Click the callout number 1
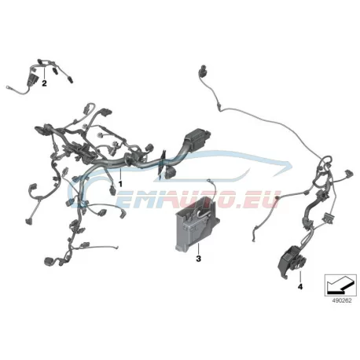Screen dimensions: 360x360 pyautogui.click(x=120, y=184)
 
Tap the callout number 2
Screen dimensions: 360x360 pyautogui.click(x=44, y=83)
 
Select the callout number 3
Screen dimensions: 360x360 pyautogui.click(x=198, y=259)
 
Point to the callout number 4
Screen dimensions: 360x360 pyautogui.click(x=300, y=287)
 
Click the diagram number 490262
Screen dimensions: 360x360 pyautogui.click(x=342, y=300)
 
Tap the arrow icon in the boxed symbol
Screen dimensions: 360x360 pyautogui.click(x=340, y=285)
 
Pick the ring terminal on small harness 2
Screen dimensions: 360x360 pyautogui.click(x=9, y=86)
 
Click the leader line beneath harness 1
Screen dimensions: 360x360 pyautogui.click(x=120, y=174)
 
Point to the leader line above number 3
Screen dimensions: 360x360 pyautogui.click(x=198, y=248)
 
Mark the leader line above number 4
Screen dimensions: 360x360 pyautogui.click(x=300, y=277)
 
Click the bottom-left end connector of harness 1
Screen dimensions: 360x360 pyautogui.click(x=50, y=261)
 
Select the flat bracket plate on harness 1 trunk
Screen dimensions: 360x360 pyautogui.click(x=161, y=163)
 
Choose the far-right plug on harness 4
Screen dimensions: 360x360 pyautogui.click(x=350, y=174)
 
